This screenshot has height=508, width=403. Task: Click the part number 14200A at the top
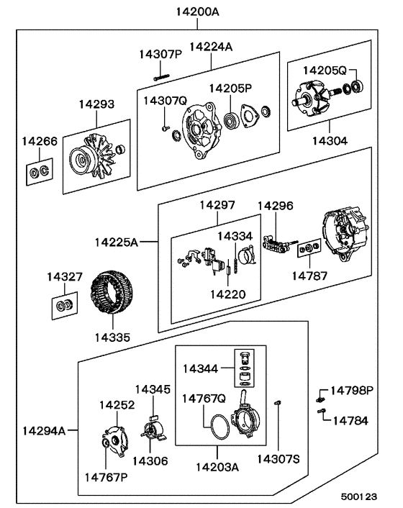tap(197, 12)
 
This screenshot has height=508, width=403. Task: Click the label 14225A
tap(115, 242)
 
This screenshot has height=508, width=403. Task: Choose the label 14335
tap(114, 336)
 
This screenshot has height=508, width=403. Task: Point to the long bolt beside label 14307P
tap(160, 67)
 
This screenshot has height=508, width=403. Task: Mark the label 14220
tap(227, 294)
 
